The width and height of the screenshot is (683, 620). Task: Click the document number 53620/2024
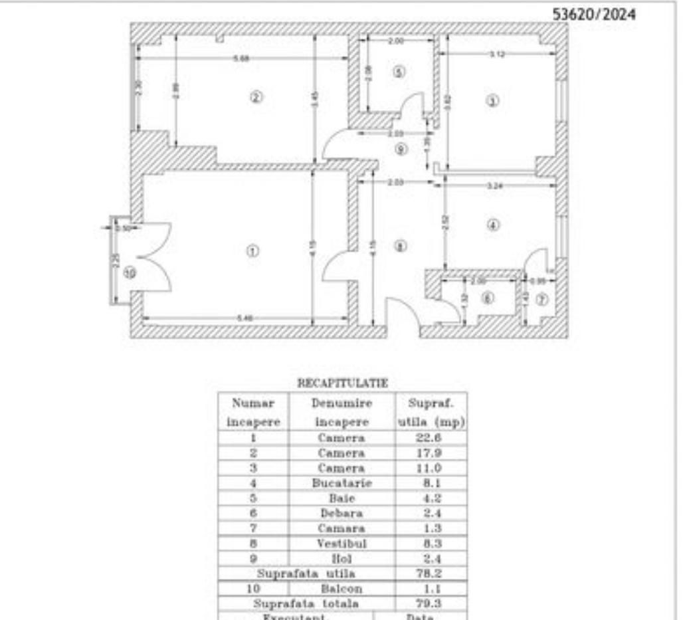[593, 15]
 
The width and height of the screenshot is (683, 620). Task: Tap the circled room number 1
[252, 251]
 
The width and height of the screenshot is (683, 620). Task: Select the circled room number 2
[256, 97]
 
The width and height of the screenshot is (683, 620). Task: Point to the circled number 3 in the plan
[492, 101]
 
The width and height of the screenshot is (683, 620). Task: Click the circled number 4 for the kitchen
[492, 225]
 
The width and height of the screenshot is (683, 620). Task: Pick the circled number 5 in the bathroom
[398, 71]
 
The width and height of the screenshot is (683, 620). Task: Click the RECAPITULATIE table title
[342, 383]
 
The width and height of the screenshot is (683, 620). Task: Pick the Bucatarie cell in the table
[341, 483]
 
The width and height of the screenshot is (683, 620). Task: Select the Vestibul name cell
[341, 544]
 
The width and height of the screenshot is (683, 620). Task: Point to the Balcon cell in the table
[341, 589]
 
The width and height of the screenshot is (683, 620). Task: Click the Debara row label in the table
[341, 513]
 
